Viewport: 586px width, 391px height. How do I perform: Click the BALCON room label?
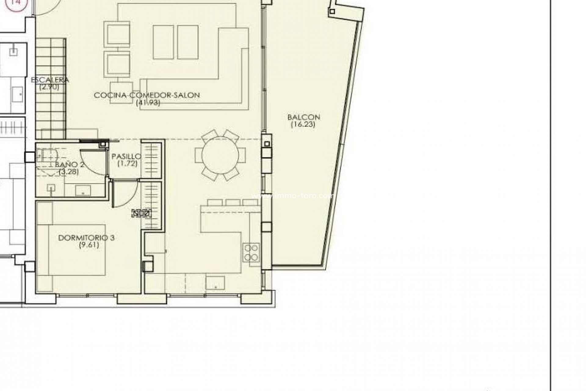click(x=303, y=117)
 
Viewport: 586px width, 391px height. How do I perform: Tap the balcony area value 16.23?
click(x=303, y=124)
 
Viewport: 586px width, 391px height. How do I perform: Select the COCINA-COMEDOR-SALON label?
click(x=147, y=95)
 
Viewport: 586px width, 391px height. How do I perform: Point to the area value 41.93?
click(x=148, y=103)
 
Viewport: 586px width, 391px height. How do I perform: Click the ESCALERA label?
click(x=50, y=80)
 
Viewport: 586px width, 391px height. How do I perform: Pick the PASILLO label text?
click(x=126, y=156)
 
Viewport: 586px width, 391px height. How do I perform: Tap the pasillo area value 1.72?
click(x=127, y=163)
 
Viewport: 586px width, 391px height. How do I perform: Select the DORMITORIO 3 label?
click(x=86, y=238)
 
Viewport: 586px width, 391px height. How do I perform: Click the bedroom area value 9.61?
click(x=89, y=245)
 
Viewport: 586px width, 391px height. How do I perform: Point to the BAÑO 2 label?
click(x=70, y=164)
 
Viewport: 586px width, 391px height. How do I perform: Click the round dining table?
click(x=220, y=155)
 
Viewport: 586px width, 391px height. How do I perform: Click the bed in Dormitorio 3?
click(x=73, y=250)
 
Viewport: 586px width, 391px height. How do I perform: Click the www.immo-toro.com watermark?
click(x=292, y=195)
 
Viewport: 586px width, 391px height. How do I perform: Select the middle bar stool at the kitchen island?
click(x=233, y=202)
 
